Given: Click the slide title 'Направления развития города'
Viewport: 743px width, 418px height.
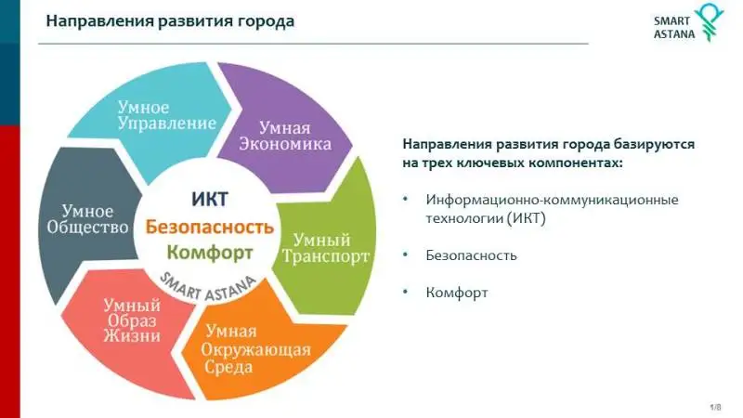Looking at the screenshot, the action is click(x=170, y=21).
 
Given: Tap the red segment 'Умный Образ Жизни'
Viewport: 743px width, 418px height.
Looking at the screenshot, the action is click(x=133, y=327).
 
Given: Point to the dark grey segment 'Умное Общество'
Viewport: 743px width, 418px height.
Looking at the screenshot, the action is click(x=87, y=220).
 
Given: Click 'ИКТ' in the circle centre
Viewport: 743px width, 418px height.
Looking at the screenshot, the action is click(x=210, y=199).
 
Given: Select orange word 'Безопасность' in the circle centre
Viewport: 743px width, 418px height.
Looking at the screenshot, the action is click(x=210, y=227).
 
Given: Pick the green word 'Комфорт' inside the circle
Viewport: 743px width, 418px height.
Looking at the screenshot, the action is click(x=210, y=253).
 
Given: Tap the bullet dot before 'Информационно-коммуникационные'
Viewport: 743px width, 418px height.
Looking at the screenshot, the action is click(x=405, y=199).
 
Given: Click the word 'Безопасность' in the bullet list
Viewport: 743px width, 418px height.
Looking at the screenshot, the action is click(x=471, y=255).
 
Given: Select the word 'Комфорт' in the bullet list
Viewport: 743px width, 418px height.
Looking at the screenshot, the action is click(x=457, y=293).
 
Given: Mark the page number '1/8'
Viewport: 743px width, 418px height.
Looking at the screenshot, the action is click(x=715, y=407).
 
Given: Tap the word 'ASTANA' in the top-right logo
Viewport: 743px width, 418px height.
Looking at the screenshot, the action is click(x=674, y=34).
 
